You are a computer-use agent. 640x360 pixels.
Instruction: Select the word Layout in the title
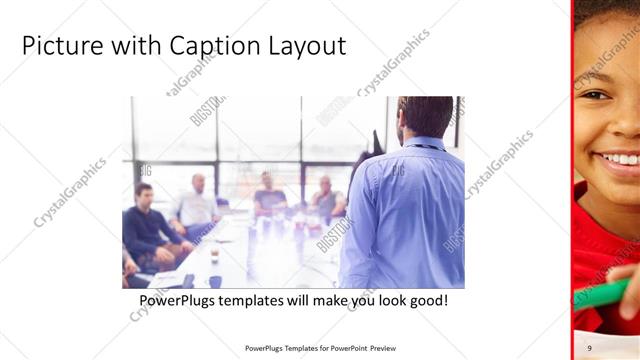(x=303, y=46)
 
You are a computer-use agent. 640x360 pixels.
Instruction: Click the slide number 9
(x=590, y=348)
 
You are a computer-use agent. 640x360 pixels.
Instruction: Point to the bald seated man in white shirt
(x=197, y=205)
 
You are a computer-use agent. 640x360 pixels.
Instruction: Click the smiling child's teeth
(x=621, y=159)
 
